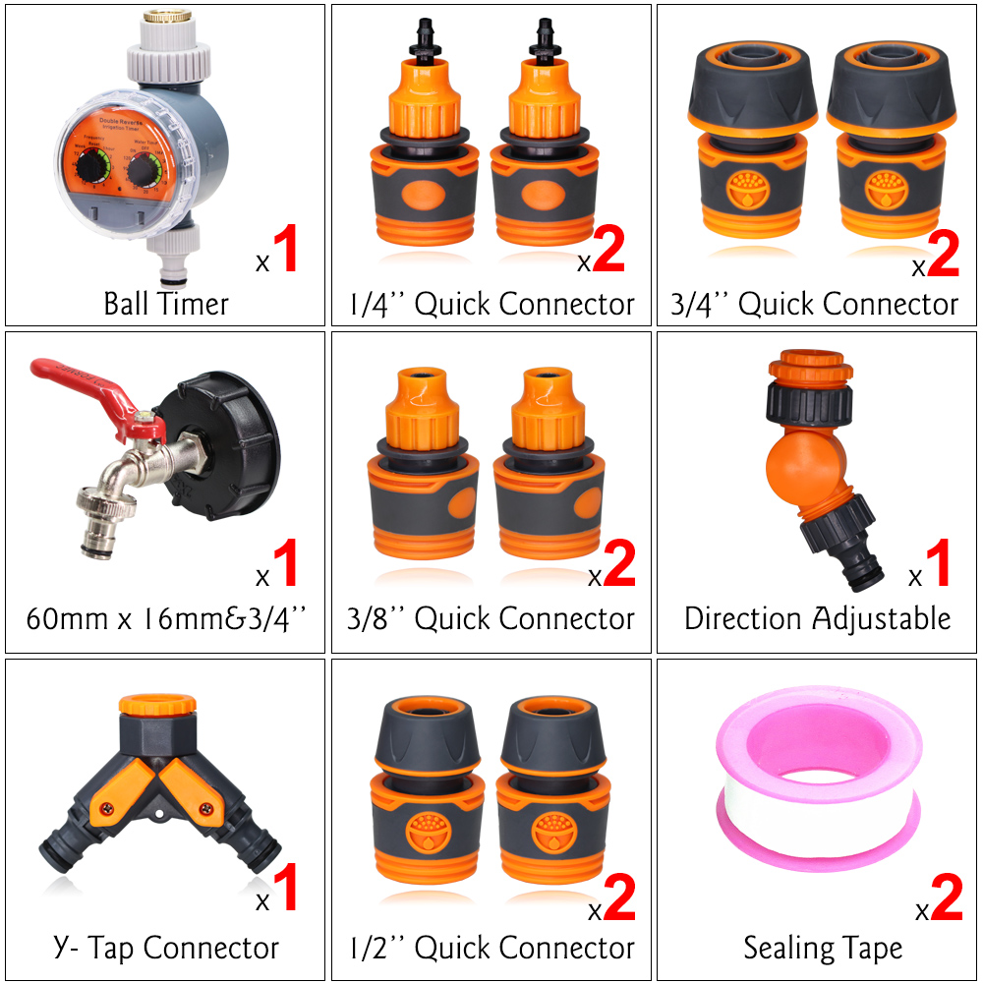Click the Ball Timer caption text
(166, 303)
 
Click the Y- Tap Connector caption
(166, 948)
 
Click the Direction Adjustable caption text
(817, 618)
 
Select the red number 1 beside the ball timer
(284, 250)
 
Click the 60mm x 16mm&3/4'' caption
(166, 618)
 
